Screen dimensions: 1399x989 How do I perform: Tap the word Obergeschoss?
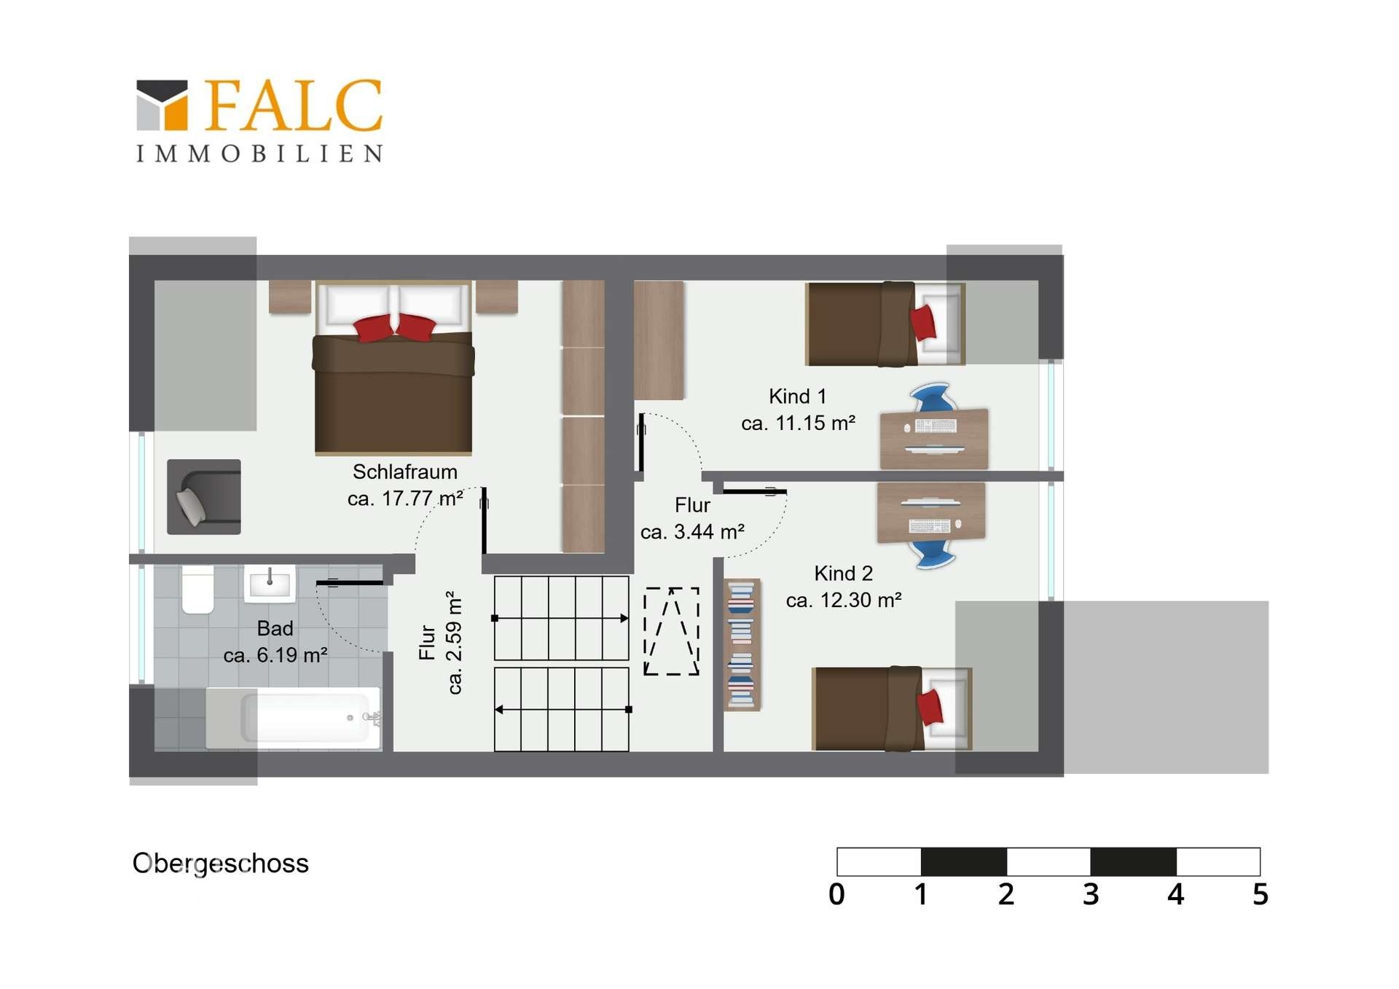pyautogui.click(x=221, y=864)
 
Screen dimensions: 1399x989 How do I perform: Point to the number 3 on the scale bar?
pyautogui.click(x=1090, y=894)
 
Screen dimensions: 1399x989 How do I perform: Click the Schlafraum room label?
pyautogui.click(x=405, y=472)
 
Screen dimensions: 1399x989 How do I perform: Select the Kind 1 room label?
pyautogui.click(x=798, y=396)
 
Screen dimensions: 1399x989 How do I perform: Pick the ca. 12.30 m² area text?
pyautogui.click(x=844, y=601)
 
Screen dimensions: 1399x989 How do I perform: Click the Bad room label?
pyautogui.click(x=275, y=628)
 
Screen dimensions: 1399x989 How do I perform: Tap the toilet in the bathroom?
pyautogui.click(x=197, y=589)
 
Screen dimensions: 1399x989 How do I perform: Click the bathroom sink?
pyautogui.click(x=270, y=583)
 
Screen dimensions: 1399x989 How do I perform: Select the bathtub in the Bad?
pyautogui.click(x=293, y=718)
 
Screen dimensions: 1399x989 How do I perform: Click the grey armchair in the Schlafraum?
pyautogui.click(x=204, y=497)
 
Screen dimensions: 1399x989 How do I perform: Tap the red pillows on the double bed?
pyautogui.click(x=394, y=327)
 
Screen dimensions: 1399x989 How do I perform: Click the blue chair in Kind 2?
pyautogui.click(x=932, y=553)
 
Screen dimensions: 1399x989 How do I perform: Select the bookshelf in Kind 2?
pyautogui.click(x=742, y=644)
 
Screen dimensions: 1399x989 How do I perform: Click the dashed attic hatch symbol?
pyautogui.click(x=671, y=631)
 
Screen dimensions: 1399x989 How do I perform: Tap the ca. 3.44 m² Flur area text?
pyautogui.click(x=692, y=532)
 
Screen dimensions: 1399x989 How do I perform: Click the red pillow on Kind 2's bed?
pyautogui.click(x=930, y=706)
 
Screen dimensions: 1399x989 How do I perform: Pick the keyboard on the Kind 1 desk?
pyautogui.click(x=936, y=426)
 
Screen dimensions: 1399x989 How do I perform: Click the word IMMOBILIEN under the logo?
pyautogui.click(x=259, y=154)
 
